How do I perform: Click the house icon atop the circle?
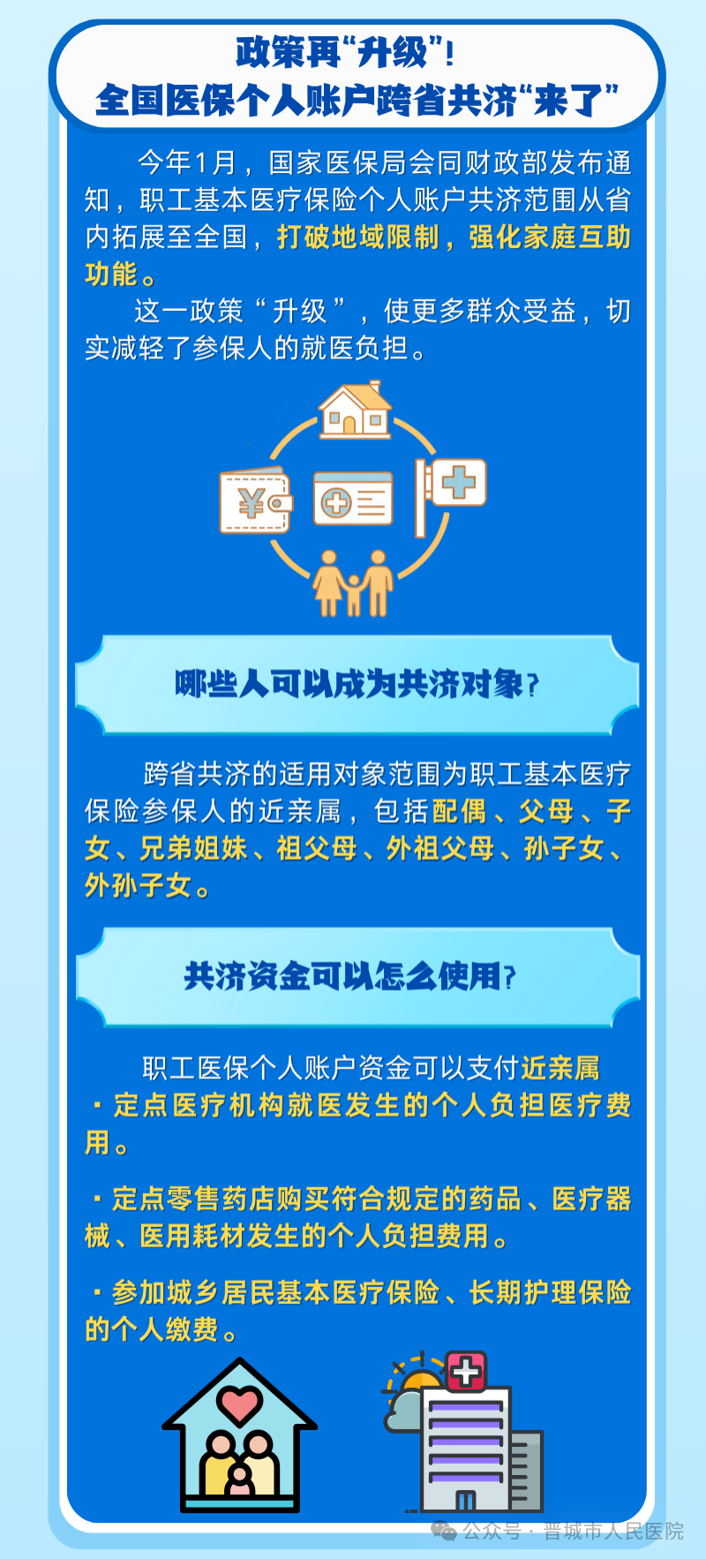pyautogui.click(x=355, y=410)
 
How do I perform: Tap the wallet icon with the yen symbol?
pyautogui.click(x=255, y=501)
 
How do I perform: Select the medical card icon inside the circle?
pyautogui.click(x=353, y=499)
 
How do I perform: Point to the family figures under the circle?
pyautogui.click(x=353, y=583)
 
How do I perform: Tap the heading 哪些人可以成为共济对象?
pyautogui.click(x=357, y=684)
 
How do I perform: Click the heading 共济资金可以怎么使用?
pyautogui.click(x=349, y=976)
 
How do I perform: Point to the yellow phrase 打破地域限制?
pyautogui.click(x=357, y=237)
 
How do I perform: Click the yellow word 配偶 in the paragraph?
pyautogui.click(x=459, y=810)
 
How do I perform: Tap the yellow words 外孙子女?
pyautogui.click(x=139, y=885)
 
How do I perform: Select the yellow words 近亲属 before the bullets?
pyautogui.click(x=560, y=1068)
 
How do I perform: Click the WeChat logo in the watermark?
pyautogui.click(x=443, y=1531)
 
